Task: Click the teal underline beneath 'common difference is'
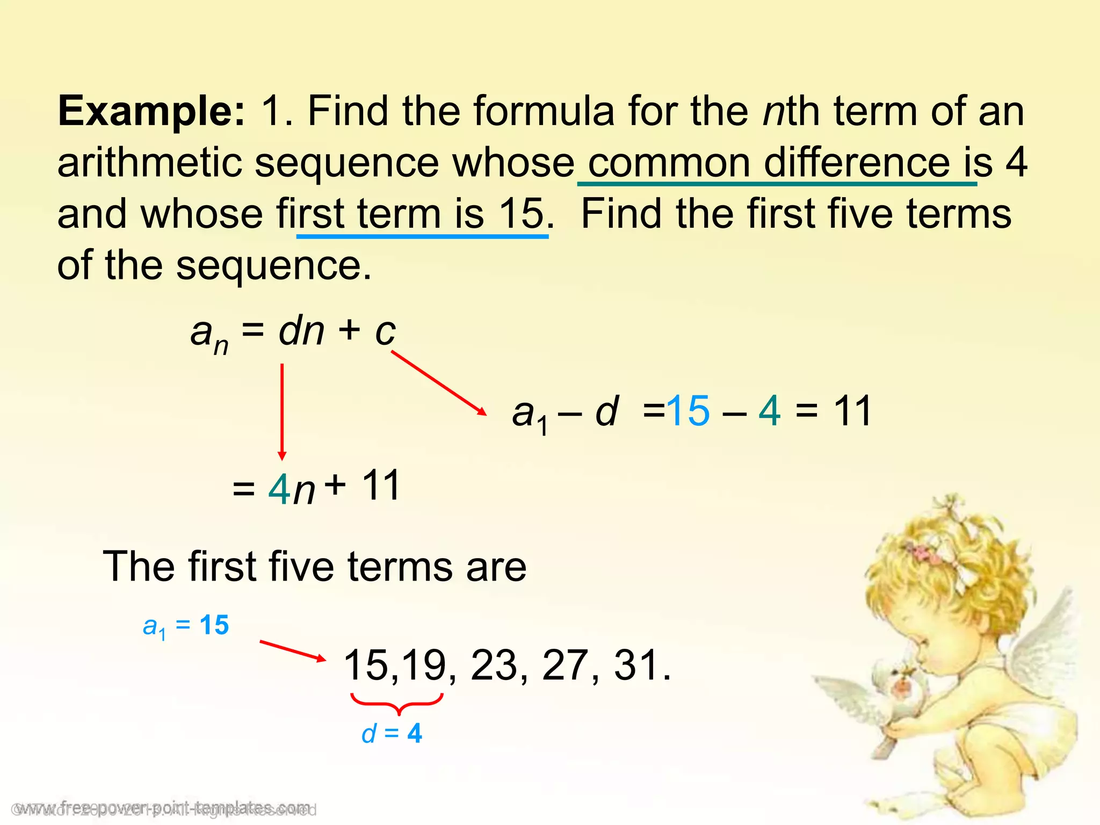click(x=777, y=184)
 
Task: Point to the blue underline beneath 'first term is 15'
click(x=422, y=236)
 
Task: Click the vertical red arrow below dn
click(x=282, y=411)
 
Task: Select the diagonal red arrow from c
click(x=438, y=382)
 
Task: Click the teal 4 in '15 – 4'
click(x=770, y=411)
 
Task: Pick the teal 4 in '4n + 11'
click(x=279, y=489)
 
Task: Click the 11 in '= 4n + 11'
click(x=381, y=485)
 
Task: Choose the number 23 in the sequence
click(x=494, y=665)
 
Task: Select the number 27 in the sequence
click(x=566, y=665)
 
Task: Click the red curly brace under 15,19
click(x=397, y=703)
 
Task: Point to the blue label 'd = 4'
click(x=392, y=734)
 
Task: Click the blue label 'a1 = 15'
click(x=186, y=626)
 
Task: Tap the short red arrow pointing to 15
click(x=293, y=650)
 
